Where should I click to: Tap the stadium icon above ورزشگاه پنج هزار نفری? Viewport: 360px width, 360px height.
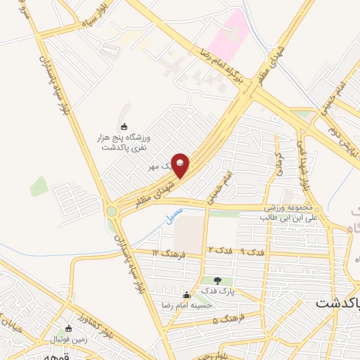[x=124, y=127]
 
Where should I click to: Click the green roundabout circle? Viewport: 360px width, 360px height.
[x=110, y=210]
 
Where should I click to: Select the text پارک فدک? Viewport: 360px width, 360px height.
[x=215, y=291]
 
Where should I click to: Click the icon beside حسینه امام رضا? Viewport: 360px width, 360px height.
[x=186, y=295]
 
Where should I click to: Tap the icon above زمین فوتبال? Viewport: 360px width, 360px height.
[x=68, y=328]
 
